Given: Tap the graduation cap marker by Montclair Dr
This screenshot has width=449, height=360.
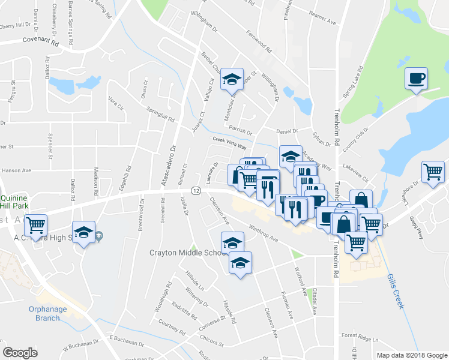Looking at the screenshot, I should pos(231,79).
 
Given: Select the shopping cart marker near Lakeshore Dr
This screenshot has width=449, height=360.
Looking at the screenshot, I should pos(433,172).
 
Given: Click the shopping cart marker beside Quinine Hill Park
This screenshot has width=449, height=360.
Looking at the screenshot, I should pos(36,225).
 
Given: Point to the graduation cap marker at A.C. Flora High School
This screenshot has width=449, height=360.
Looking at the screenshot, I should pos(83,232).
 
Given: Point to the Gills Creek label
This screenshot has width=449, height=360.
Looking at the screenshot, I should pos(396,293).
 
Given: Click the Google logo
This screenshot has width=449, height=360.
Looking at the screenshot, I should pos(20,352).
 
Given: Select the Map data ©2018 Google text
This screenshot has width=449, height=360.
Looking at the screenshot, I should pos(412,355).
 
